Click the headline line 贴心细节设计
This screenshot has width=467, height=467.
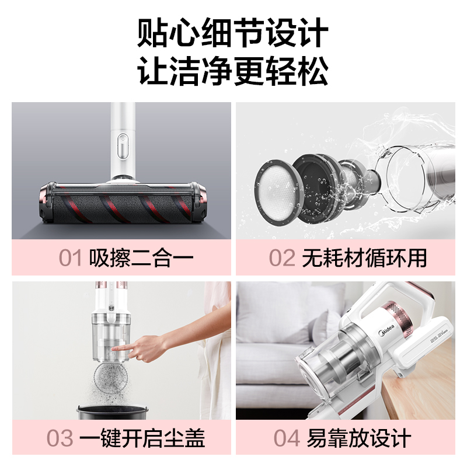pos(233,33)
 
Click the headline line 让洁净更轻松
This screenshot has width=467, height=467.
pos(233,70)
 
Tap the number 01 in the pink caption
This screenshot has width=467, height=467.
pos(70,258)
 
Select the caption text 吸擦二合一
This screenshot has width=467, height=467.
pos(141,258)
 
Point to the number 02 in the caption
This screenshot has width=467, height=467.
pos(282,258)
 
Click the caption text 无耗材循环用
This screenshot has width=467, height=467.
pos(364,258)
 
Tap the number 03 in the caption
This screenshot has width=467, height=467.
pos(60,438)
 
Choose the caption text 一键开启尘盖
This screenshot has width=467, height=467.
pos(142,438)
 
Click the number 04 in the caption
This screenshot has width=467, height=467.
pos(287,438)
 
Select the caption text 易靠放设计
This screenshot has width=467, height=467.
pos(359,438)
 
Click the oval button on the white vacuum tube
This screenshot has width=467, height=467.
pos(123,147)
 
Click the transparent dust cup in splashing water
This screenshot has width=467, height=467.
pos(417,179)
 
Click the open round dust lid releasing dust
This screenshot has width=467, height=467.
pos(112,376)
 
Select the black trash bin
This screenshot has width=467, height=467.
pos(113,412)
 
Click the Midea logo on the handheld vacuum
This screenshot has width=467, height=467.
pos(387,330)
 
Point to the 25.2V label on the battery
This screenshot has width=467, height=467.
pos(435,337)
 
